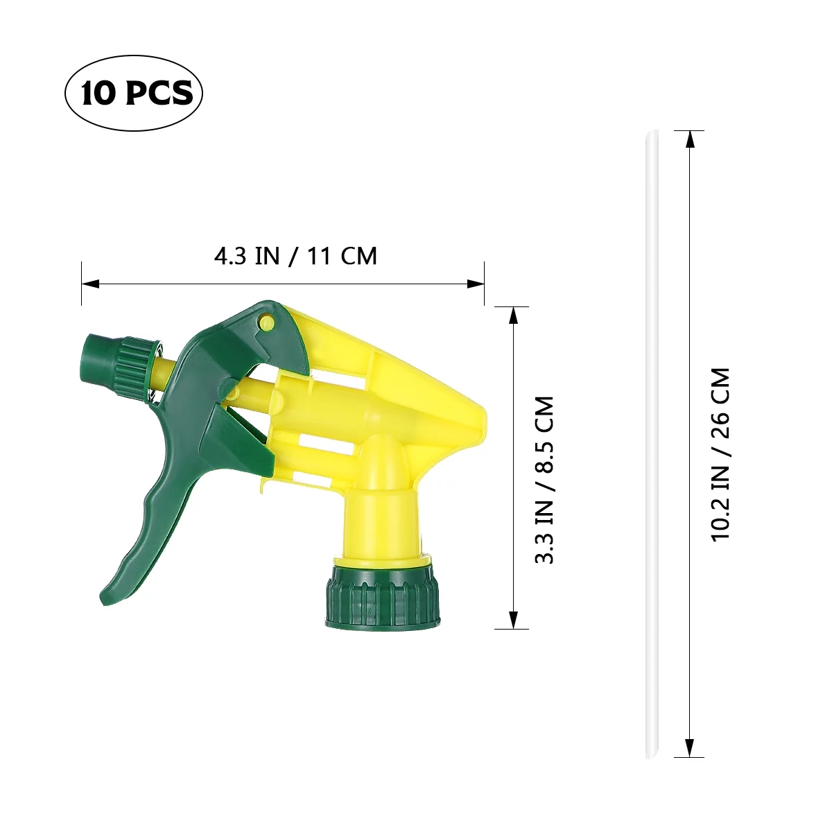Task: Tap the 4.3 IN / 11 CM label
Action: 295,257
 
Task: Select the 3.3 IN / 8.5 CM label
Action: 545,480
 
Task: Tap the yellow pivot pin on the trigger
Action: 266,320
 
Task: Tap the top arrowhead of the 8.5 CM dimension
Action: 513,314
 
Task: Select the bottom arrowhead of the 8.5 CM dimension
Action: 513,621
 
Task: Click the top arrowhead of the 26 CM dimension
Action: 689,138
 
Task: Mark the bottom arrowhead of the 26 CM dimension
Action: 689,749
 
